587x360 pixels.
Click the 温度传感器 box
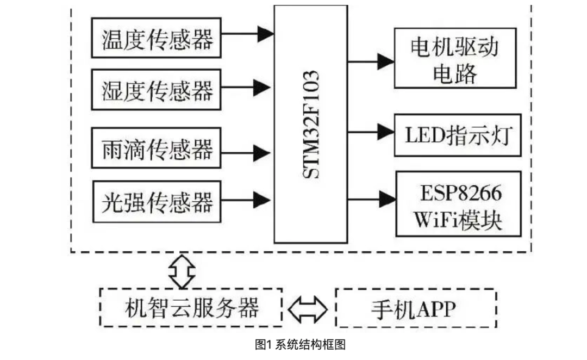pos(157,38)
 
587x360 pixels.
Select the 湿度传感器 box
pos(157,89)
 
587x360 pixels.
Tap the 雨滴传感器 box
pos(157,147)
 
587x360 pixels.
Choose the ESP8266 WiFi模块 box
pos(458,204)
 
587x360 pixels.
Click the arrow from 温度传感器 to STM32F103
pos(247,34)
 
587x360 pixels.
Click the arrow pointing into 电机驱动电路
pos(371,61)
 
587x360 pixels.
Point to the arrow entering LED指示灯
pos(371,131)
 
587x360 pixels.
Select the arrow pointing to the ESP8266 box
pos(372,199)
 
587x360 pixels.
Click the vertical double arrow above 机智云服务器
pos(182,271)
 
